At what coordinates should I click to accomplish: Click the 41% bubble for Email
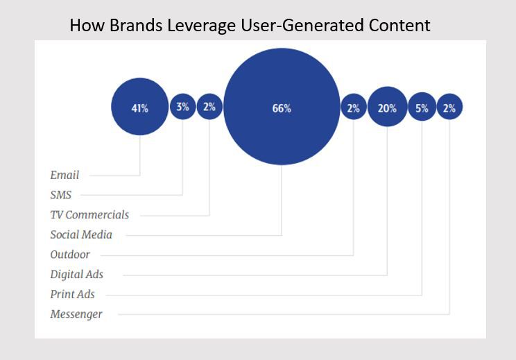(140, 107)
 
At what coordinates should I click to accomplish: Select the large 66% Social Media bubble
(282, 106)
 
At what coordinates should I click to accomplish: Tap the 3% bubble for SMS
(182, 106)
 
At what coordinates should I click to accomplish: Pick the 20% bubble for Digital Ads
(387, 106)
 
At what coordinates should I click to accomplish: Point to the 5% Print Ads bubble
(422, 107)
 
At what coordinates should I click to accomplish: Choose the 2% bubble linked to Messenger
(449, 107)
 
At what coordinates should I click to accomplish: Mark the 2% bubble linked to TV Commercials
(209, 106)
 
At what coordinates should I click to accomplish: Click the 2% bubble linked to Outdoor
(354, 107)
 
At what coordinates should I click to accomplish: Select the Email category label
(64, 175)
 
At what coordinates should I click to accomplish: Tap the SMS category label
(61, 195)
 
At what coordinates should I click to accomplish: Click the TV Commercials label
(89, 214)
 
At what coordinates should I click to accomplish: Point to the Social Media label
(81, 234)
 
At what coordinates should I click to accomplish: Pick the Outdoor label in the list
(70, 255)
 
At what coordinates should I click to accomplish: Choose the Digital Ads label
(77, 275)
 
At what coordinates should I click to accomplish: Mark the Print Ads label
(72, 294)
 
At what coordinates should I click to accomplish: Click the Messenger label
(76, 314)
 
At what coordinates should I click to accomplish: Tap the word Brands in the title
(136, 26)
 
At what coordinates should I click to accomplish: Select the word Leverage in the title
(201, 26)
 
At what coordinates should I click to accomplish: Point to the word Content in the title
(399, 26)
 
